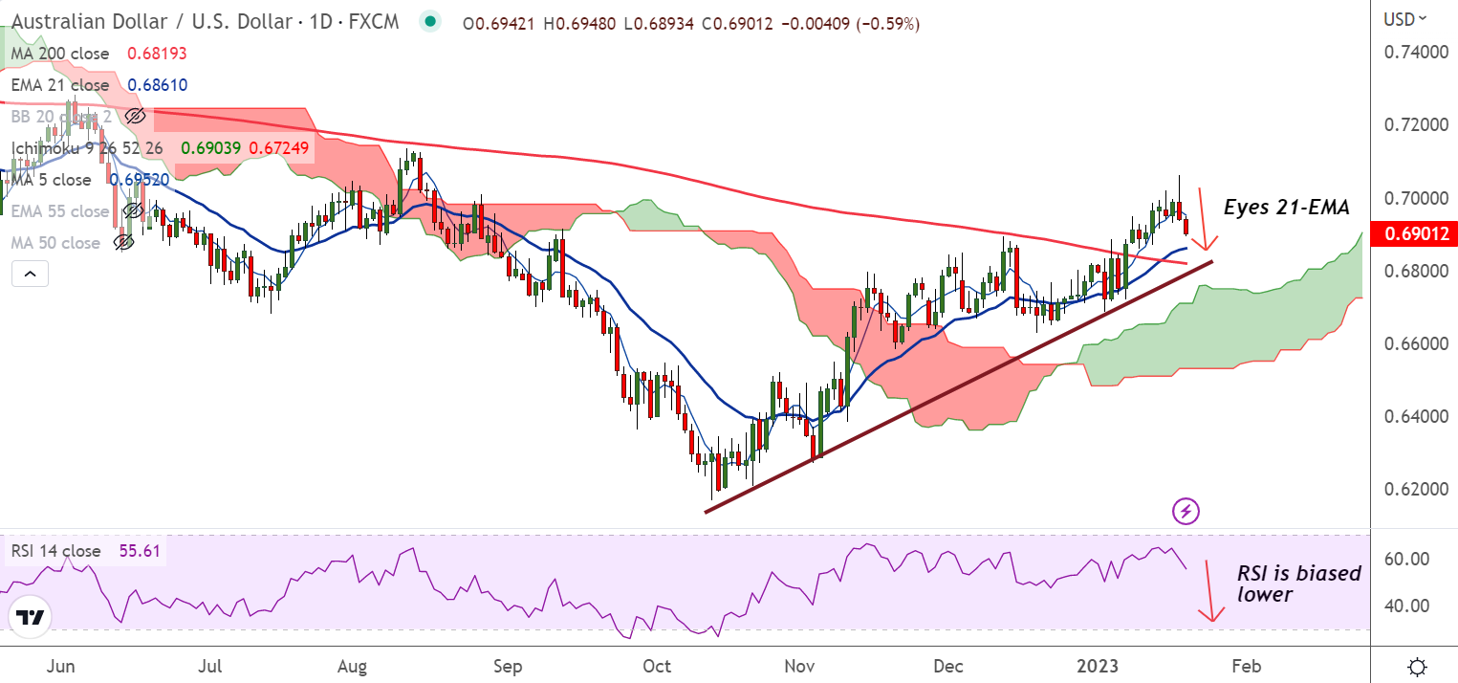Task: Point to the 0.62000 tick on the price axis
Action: click(1410, 489)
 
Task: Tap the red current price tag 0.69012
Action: click(1412, 233)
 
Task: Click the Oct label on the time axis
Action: click(657, 665)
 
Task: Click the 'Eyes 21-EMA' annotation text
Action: click(1287, 208)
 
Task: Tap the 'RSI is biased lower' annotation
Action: click(1298, 584)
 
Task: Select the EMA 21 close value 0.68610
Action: click(157, 85)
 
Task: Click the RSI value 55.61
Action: click(137, 551)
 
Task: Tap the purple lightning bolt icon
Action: click(1186, 511)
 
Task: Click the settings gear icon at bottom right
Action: click(1419, 666)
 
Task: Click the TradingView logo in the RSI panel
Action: click(31, 617)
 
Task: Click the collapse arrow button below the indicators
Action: click(30, 275)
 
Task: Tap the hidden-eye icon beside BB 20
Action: click(135, 117)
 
